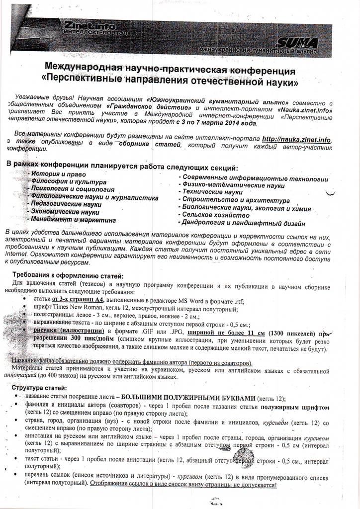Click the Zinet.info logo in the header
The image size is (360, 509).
coord(90,28)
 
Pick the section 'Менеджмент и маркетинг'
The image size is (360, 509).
coord(73,219)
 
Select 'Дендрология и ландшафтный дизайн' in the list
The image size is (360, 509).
coord(243,223)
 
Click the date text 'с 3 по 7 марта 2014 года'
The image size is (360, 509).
coord(216,123)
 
